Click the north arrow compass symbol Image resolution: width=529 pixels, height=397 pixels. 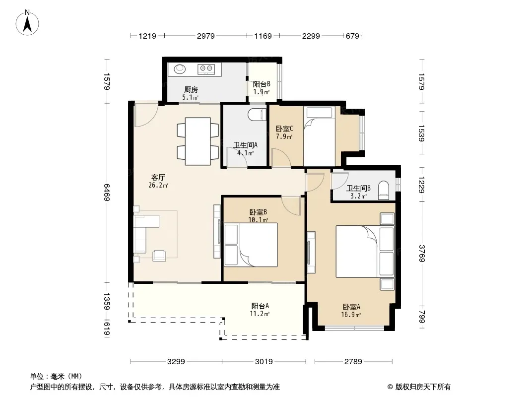click(27, 22)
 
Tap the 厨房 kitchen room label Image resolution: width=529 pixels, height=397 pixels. click(191, 90)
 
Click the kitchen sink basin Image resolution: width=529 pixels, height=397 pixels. click(180, 69)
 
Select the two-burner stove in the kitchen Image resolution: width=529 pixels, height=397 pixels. click(206, 69)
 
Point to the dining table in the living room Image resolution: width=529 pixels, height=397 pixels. click(198, 141)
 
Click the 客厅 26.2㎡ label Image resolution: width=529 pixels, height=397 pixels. click(158, 181)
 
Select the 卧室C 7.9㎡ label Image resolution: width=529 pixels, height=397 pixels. click(284, 132)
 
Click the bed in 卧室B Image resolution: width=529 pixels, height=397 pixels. click(251, 245)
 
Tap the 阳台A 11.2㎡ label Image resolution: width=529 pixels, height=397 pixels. click(260, 310)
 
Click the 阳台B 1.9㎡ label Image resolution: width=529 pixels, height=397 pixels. click(262, 88)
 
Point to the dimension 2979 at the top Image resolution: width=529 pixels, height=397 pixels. click(206, 36)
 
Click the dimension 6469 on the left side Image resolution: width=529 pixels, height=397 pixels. click(107, 192)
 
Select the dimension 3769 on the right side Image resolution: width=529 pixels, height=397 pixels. click(422, 253)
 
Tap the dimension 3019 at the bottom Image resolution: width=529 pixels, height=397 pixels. click(264, 362)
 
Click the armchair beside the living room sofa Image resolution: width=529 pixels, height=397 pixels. click(159, 256)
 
